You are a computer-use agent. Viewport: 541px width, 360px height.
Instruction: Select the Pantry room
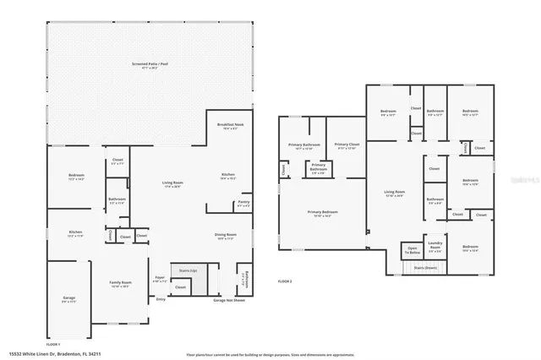click(x=243, y=203)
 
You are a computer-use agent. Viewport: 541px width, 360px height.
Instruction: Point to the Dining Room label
click(x=225, y=236)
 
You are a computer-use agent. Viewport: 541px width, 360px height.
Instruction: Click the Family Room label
click(x=120, y=284)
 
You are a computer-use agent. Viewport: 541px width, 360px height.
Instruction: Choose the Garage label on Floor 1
click(x=69, y=297)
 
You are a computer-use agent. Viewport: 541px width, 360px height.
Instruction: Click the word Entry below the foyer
click(x=161, y=299)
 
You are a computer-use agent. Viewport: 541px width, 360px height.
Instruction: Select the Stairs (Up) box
click(x=188, y=270)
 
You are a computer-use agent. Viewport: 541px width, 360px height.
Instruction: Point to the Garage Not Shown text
click(x=228, y=300)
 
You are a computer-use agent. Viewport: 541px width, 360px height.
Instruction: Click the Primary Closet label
click(x=347, y=145)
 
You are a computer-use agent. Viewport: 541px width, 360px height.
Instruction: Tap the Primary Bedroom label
click(x=323, y=213)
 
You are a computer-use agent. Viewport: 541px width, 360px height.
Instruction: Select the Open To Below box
click(x=412, y=251)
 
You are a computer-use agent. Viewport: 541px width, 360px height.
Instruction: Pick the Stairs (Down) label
click(x=425, y=267)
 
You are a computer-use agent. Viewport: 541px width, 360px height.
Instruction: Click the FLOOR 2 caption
click(x=286, y=281)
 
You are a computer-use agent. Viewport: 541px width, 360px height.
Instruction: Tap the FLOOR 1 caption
click(x=52, y=345)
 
